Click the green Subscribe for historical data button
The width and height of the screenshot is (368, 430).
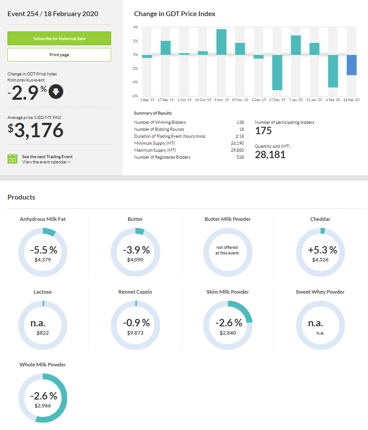click(x=59, y=38)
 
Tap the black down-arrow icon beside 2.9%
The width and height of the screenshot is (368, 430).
click(x=56, y=92)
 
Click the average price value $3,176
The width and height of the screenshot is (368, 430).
click(x=36, y=130)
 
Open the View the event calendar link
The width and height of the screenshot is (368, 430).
click(x=46, y=162)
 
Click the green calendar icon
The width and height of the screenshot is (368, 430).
click(x=12, y=159)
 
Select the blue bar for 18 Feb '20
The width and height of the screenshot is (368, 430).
click(x=352, y=65)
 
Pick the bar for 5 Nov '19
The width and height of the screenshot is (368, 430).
click(x=221, y=42)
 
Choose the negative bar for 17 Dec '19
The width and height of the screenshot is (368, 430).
click(x=277, y=72)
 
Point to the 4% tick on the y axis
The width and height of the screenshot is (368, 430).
click(x=136, y=27)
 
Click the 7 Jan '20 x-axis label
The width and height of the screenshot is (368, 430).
click(x=296, y=100)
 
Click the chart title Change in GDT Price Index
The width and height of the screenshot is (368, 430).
click(x=174, y=14)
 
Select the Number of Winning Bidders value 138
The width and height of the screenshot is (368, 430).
click(x=240, y=122)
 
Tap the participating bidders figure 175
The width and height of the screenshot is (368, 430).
click(x=263, y=131)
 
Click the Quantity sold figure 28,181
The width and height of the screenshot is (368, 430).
click(x=270, y=154)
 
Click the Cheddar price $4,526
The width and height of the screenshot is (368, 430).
click(x=320, y=260)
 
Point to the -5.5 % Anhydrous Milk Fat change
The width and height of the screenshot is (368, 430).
click(x=44, y=250)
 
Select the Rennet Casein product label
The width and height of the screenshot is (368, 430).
click(x=135, y=292)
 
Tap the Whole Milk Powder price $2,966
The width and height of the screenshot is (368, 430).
click(x=43, y=405)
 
